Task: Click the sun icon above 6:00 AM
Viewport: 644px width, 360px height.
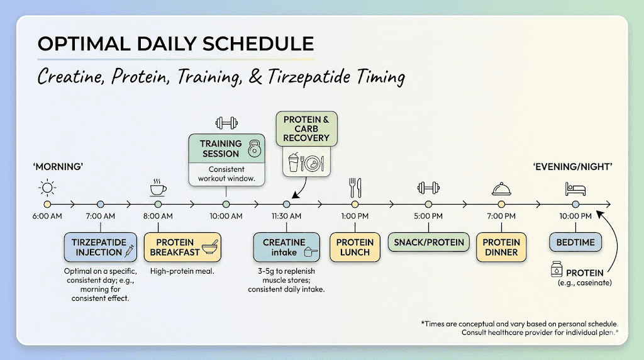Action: (x=47, y=187)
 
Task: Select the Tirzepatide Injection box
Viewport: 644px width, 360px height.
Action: (x=100, y=247)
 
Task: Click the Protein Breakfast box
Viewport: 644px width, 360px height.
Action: (x=184, y=247)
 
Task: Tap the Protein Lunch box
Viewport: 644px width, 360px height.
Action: (x=355, y=247)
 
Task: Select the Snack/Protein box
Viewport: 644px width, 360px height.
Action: (x=428, y=242)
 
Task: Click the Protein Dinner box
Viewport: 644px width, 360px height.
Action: (x=501, y=247)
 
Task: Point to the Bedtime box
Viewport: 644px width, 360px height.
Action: (x=575, y=242)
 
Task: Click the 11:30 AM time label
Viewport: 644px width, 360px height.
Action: (x=286, y=217)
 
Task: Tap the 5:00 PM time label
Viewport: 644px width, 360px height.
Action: (x=428, y=217)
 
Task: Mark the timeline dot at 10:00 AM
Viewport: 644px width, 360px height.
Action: (x=226, y=205)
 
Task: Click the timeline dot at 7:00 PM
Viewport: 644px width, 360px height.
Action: (x=501, y=205)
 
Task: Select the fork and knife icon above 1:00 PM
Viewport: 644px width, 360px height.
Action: (x=355, y=187)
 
